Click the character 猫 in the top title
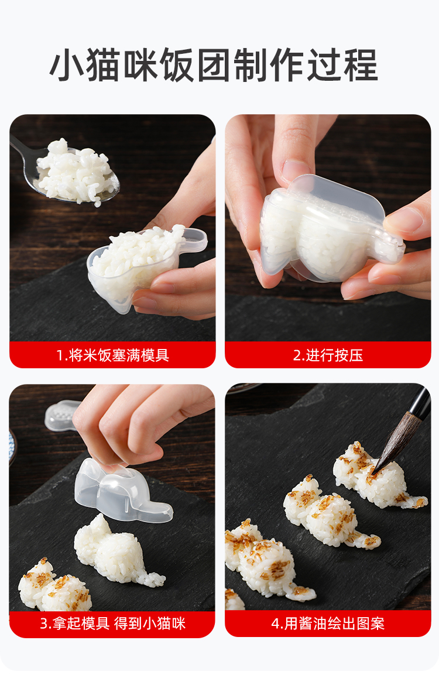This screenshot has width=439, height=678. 103,66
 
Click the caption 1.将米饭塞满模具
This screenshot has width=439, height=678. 112,355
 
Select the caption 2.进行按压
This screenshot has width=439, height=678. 328,355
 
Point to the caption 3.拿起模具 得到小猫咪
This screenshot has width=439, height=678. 112,624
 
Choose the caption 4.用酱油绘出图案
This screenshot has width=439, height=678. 328,624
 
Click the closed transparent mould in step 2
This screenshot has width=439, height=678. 329,229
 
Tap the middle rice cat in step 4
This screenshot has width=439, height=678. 329,515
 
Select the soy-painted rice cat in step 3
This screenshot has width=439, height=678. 54,584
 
